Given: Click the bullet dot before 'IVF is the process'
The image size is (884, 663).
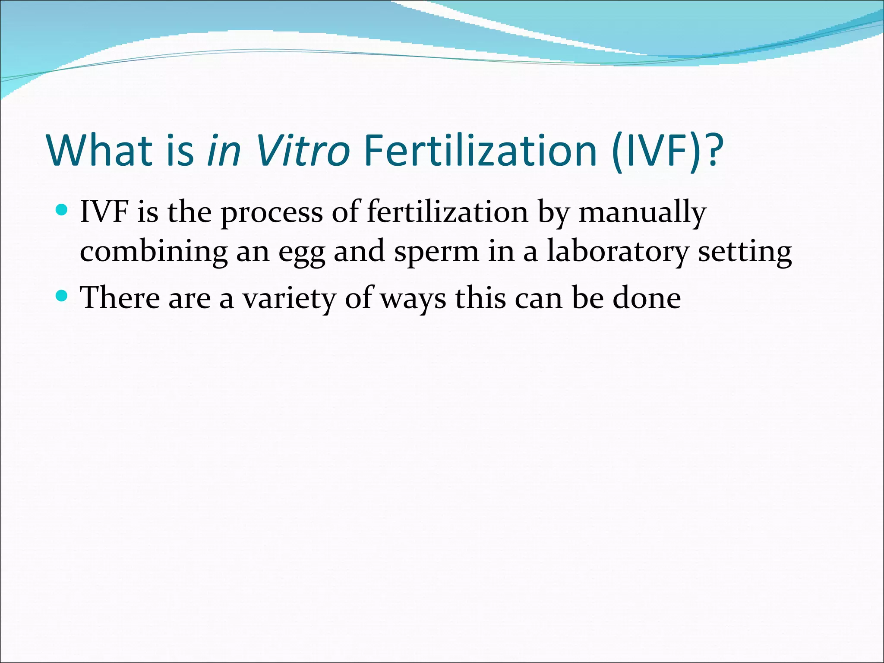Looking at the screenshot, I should coord(62,210).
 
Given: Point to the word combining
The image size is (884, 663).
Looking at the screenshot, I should coord(154,252).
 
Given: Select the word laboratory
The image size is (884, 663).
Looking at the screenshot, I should coord(617,252).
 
